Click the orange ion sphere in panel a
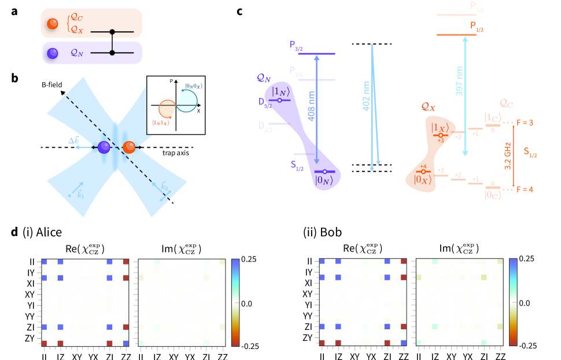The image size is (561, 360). pyautogui.click(x=53, y=24)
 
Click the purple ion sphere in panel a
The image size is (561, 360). pyautogui.click(x=53, y=53)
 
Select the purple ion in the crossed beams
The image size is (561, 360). pyautogui.click(x=104, y=148)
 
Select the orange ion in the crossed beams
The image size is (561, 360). pyautogui.click(x=129, y=148)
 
